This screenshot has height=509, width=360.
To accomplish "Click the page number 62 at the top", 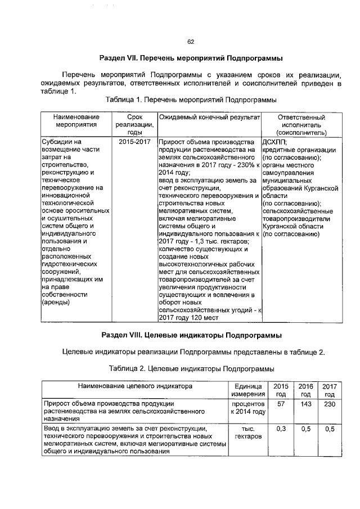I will tap(190, 42).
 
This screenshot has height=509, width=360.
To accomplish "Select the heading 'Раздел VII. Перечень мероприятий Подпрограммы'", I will tap(190, 58).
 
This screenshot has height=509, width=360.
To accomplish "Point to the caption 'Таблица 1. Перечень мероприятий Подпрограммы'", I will tap(190, 100).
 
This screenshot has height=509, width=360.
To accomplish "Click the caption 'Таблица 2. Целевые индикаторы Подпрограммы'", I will tap(190, 368).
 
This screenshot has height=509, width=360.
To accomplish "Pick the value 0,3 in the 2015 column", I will tap(281, 429).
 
